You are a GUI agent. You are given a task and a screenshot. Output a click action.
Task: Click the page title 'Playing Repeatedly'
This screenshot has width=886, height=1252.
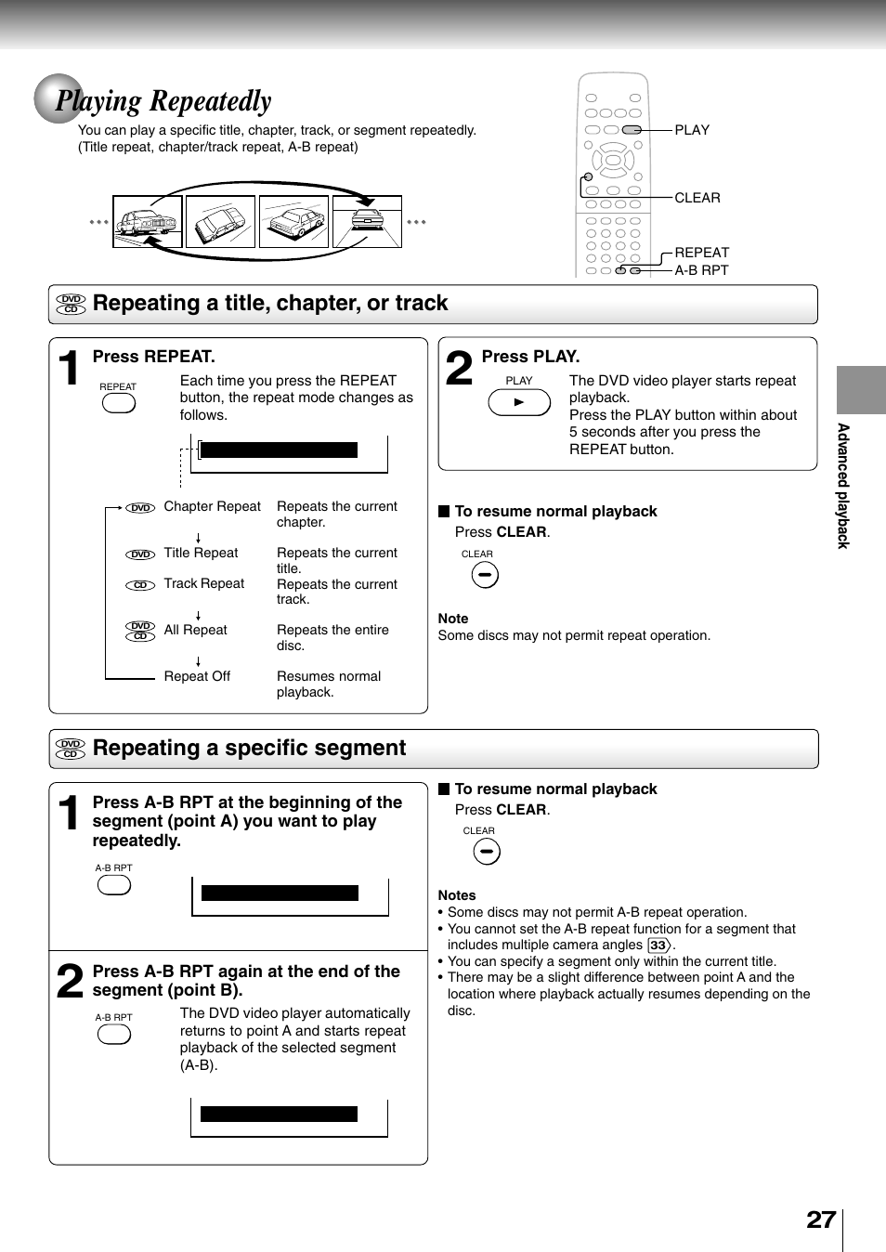click(x=163, y=100)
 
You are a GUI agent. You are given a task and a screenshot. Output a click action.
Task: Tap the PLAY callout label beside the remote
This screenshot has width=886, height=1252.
click(x=692, y=130)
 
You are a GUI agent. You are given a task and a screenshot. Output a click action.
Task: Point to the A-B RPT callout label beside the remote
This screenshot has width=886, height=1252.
click(x=701, y=270)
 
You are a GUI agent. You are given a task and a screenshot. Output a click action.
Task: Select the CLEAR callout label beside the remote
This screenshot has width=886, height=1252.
click(x=697, y=198)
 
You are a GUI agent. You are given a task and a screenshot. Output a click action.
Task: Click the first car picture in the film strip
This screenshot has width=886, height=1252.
click(x=146, y=222)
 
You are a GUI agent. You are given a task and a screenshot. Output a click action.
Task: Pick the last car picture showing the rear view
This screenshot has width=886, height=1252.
click(x=367, y=222)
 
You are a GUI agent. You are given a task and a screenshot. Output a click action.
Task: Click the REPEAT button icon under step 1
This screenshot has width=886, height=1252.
click(x=119, y=403)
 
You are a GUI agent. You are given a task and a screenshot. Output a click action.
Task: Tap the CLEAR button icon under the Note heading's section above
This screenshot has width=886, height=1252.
click(x=485, y=576)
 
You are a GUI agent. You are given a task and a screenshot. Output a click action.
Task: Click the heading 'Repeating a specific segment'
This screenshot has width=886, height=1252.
click(x=249, y=749)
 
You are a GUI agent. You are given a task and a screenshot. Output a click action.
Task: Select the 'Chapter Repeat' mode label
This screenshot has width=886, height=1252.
click(x=212, y=507)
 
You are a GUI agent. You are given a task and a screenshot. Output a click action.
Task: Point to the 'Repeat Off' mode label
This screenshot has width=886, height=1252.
click(x=197, y=677)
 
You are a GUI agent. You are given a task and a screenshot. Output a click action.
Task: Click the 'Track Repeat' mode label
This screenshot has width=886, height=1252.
click(x=203, y=584)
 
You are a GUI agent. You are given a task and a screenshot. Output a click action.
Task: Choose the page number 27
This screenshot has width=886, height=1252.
click(x=821, y=1219)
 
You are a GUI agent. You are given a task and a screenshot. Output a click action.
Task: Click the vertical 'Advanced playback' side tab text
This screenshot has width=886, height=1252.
click(x=843, y=486)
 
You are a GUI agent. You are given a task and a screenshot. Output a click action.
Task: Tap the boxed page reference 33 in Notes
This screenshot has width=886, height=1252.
click(x=658, y=946)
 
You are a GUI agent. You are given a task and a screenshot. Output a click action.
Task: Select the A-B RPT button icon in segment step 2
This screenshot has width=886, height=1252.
click(x=114, y=1035)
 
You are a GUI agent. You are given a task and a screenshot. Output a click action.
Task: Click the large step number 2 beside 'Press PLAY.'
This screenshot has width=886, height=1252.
click(x=459, y=368)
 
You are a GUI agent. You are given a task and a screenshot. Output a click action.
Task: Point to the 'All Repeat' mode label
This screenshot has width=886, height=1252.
click(x=195, y=631)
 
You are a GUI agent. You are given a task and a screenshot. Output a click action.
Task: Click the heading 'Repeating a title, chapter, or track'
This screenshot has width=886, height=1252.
click(x=270, y=304)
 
